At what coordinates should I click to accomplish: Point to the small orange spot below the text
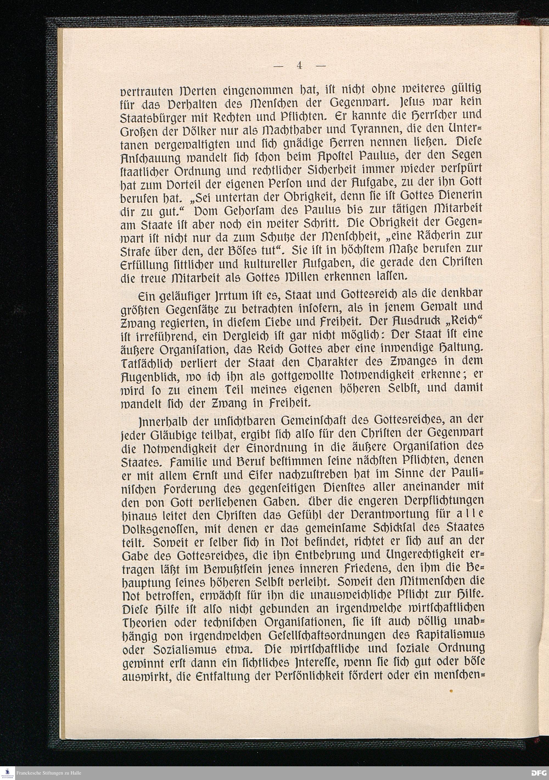coord(452,691)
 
